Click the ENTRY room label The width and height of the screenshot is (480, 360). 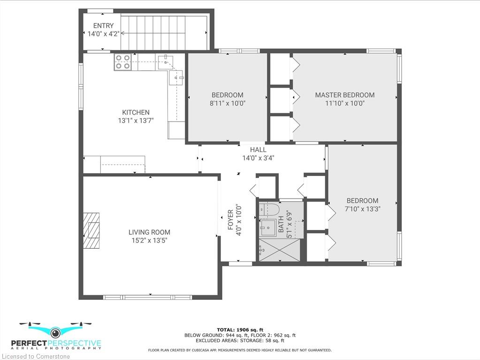(104, 26)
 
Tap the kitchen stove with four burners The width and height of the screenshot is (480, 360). (123, 62)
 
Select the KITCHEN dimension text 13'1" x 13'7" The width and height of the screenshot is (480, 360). (136, 121)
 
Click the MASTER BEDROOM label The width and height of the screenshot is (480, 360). (345, 95)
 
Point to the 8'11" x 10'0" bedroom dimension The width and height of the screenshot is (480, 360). (228, 103)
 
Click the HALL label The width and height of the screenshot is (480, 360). (258, 150)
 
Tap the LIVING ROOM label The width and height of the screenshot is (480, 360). (149, 232)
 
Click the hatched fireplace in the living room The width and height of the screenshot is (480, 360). (92, 230)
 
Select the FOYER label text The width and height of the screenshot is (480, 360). (230, 220)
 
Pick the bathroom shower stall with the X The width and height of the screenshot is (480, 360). (280, 250)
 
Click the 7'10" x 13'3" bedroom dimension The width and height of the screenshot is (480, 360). (362, 209)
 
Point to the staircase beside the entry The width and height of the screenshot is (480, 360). (164, 32)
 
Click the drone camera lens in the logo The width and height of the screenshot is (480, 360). (55, 332)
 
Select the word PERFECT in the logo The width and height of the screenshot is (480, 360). (29, 343)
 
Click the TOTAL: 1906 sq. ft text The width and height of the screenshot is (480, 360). (240, 329)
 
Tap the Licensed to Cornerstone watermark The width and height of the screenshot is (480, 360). (36, 356)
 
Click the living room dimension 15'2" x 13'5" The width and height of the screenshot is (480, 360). (149, 241)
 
